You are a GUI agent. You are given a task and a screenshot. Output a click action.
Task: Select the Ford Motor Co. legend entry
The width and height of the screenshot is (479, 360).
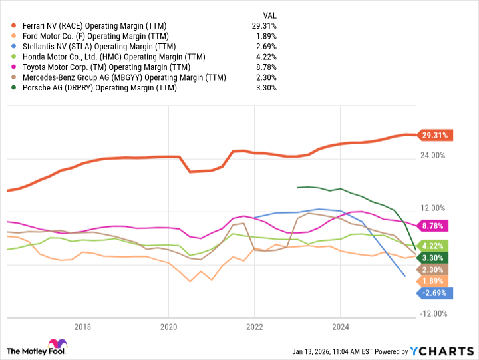(x=94, y=36)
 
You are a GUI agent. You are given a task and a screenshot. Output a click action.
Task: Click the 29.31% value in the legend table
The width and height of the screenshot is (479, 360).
(x=263, y=25)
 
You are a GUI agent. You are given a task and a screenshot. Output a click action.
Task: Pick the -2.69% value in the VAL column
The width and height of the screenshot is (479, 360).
(x=264, y=46)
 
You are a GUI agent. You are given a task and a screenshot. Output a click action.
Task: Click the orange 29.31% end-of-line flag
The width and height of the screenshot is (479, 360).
(x=435, y=135)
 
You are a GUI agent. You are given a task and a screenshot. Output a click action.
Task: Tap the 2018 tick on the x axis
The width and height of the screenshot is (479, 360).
(x=82, y=327)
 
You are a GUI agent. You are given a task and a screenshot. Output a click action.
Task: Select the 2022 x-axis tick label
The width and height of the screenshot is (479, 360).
(x=254, y=327)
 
